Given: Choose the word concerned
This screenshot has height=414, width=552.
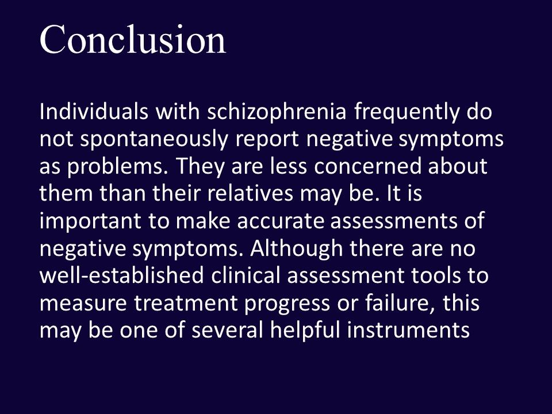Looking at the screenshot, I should coord(370,166).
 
